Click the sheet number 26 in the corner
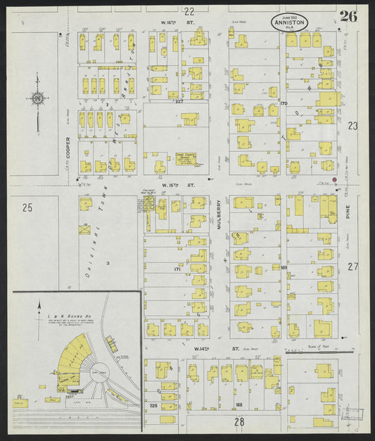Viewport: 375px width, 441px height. [x=348, y=17]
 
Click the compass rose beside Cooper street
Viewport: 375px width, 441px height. [x=36, y=100]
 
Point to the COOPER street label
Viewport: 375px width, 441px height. [x=68, y=148]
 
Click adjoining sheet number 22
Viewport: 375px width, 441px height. [x=189, y=11]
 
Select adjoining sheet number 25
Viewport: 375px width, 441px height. [x=27, y=207]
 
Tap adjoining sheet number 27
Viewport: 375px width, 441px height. [x=352, y=267]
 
